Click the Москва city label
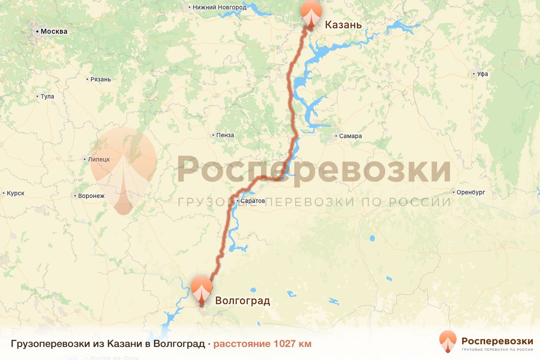[54, 31]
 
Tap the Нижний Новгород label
[219, 7]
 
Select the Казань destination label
[343, 24]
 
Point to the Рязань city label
[100, 79]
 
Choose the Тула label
[47, 96]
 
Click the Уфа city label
[483, 74]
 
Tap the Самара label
[351, 136]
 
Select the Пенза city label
[225, 135]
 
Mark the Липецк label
[99, 159]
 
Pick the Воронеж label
[91, 196]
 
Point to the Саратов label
[252, 200]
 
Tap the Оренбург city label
[470, 192]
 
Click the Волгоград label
[243, 301]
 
